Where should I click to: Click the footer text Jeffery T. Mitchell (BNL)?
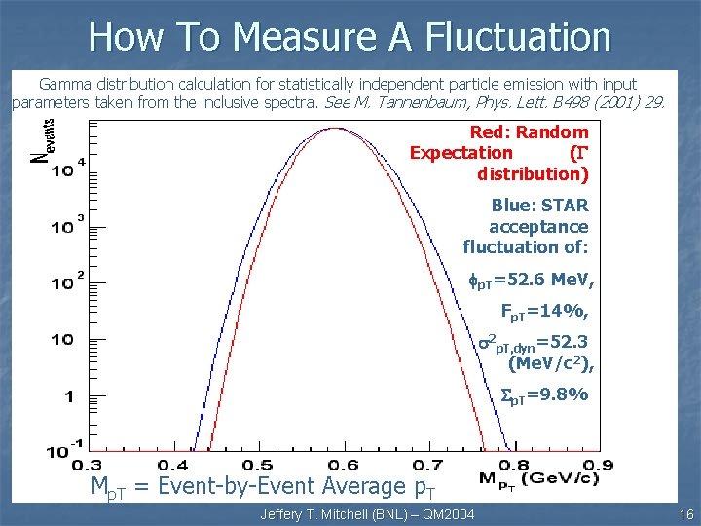331,514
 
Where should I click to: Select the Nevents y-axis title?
44,142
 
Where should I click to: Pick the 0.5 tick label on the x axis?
257,465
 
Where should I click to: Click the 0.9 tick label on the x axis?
598,465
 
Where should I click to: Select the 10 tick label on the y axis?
62,340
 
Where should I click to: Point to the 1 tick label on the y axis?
67,396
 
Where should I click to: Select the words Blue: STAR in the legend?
539,206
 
